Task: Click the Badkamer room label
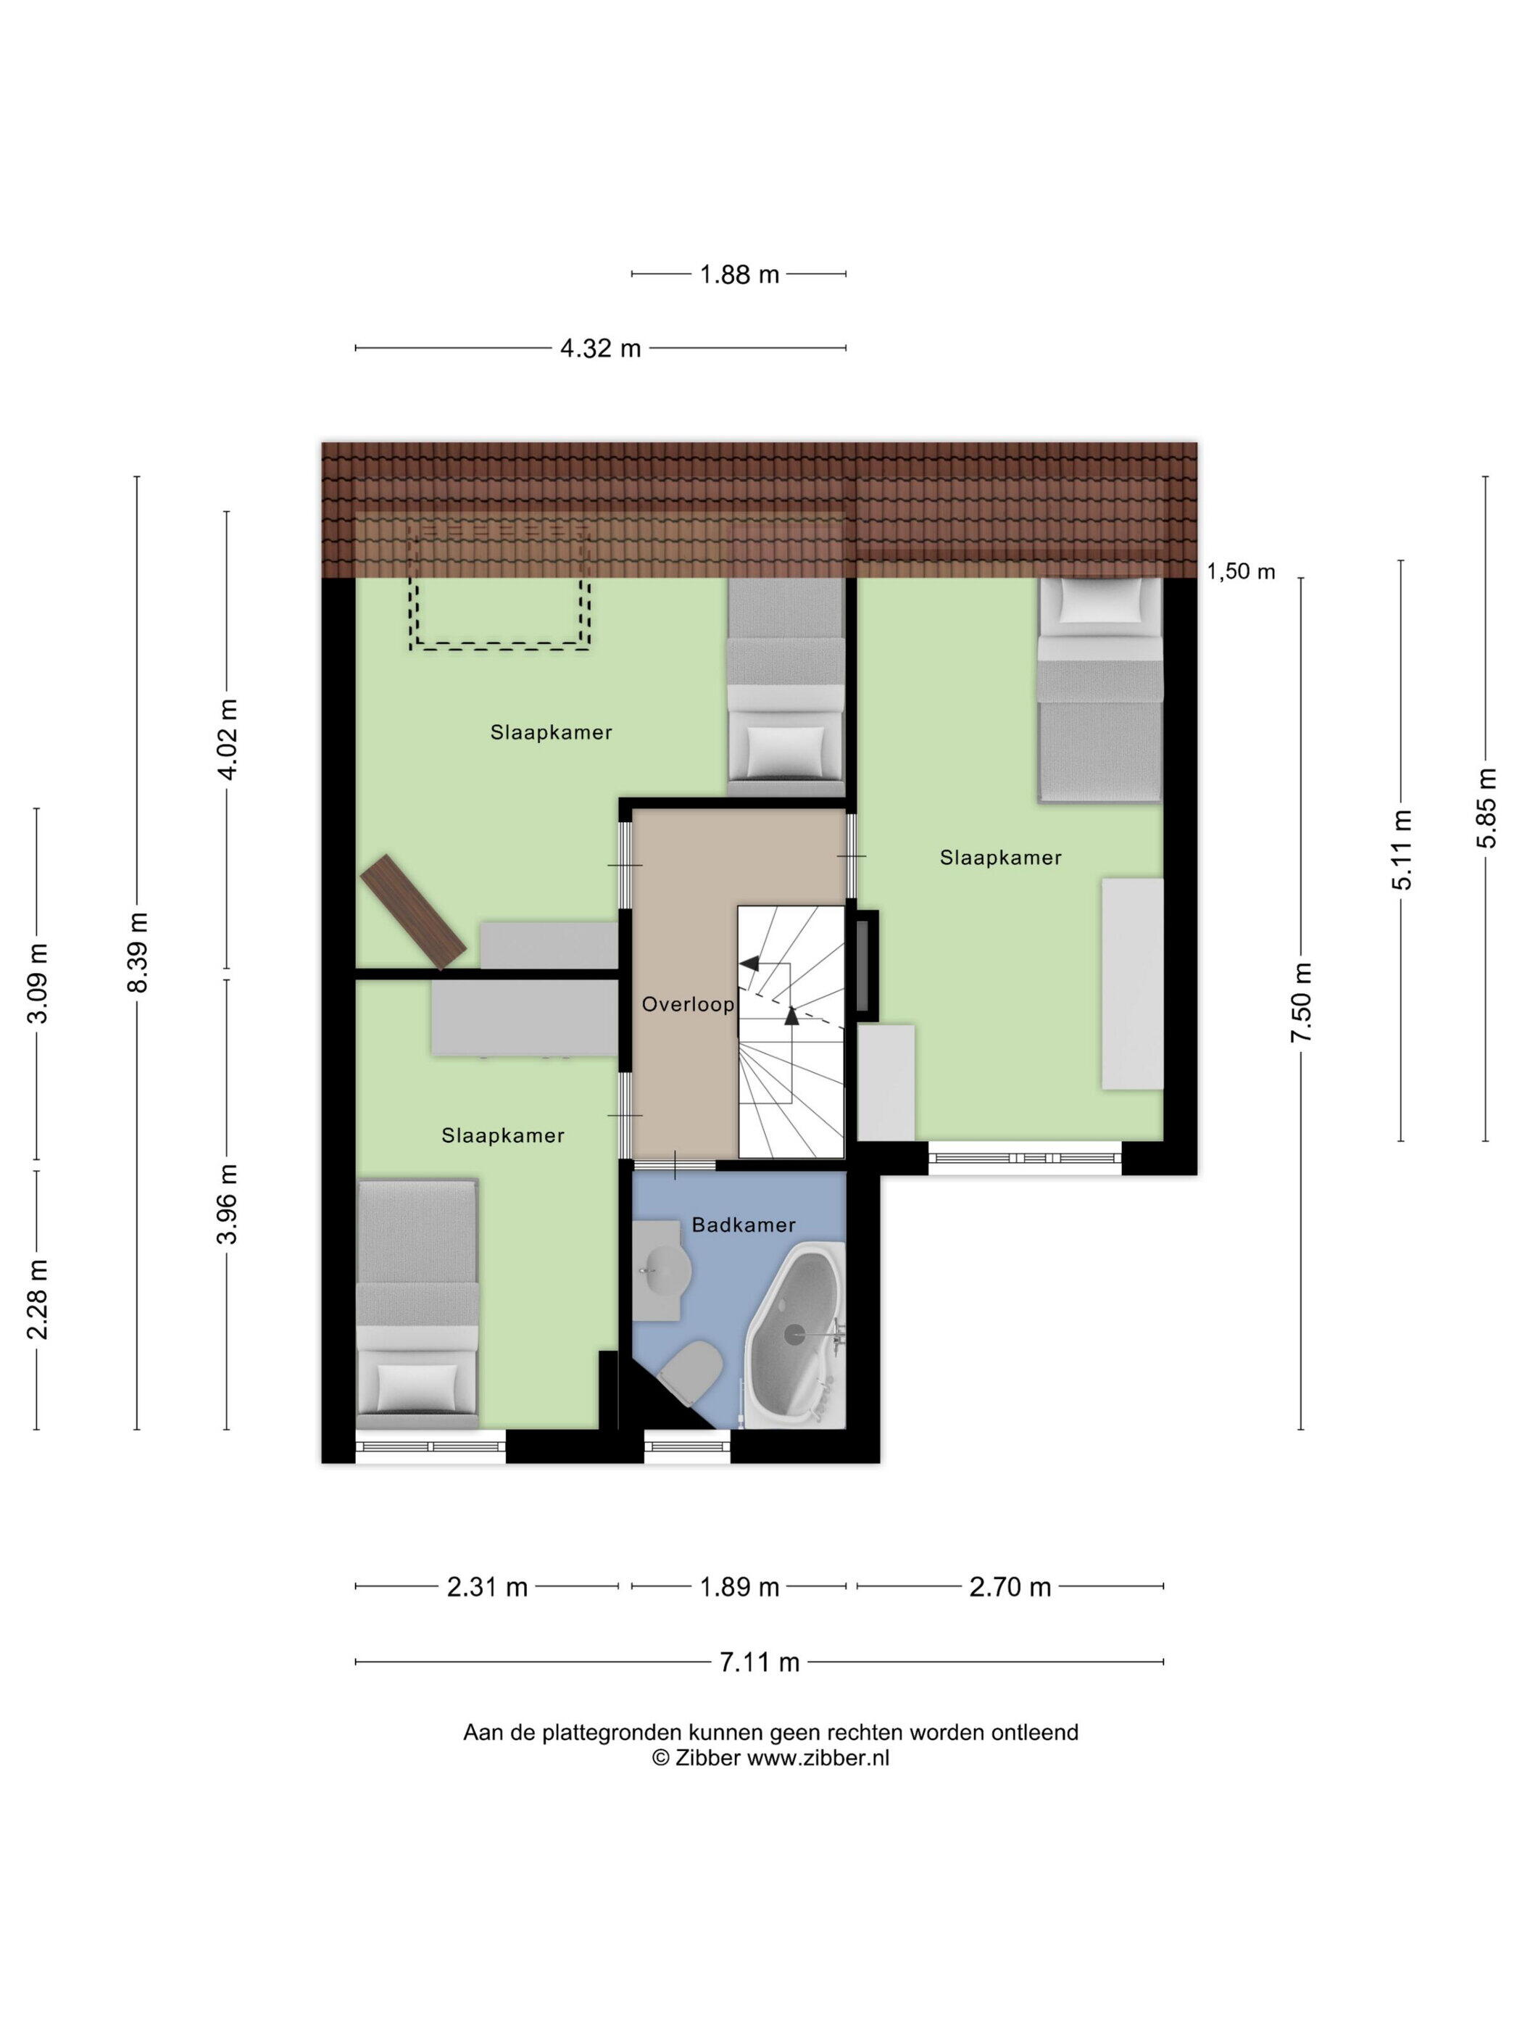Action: tap(743, 1225)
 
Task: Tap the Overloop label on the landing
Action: tap(688, 1005)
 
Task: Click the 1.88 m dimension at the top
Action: tap(739, 274)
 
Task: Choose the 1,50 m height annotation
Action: tap(1240, 572)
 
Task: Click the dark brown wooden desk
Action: tap(414, 912)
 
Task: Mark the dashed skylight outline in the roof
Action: tap(500, 587)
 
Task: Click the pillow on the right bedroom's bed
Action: tap(1100, 604)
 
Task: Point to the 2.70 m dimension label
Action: tap(1010, 1587)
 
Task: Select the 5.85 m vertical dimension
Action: tap(1486, 808)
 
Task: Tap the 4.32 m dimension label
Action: tap(601, 349)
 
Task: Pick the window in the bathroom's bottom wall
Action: tap(687, 1447)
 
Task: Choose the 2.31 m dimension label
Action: tap(487, 1587)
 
